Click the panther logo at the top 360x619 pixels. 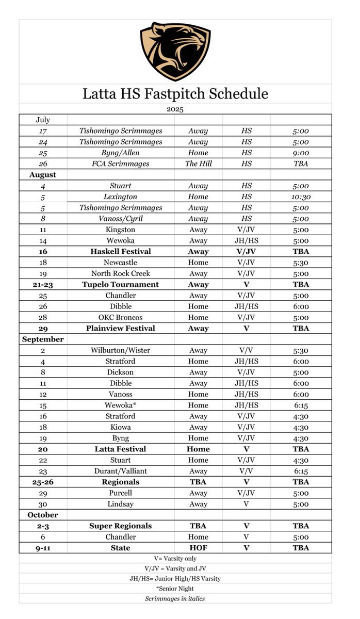pyautogui.click(x=175, y=51)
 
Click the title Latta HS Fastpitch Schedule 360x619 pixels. pyautogui.click(x=175, y=94)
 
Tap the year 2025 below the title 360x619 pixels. pyautogui.click(x=175, y=109)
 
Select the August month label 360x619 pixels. pyautogui.click(x=43, y=175)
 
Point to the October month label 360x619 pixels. pyautogui.click(x=43, y=515)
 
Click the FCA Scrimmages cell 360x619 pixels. pyautogui.click(x=121, y=164)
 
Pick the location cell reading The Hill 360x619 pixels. pyautogui.click(x=198, y=164)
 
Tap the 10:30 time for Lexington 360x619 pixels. pyautogui.click(x=300, y=197)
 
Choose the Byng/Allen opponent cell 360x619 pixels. pyautogui.click(x=121, y=153)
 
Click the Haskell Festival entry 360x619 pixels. pyautogui.click(x=121, y=252)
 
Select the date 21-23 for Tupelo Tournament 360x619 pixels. pyautogui.click(x=43, y=285)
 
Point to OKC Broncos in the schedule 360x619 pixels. pyautogui.click(x=121, y=318)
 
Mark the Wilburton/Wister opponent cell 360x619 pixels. pyautogui.click(x=121, y=350)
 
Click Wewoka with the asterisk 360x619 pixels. pyautogui.click(x=121, y=405)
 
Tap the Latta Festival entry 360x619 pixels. pyautogui.click(x=121, y=449)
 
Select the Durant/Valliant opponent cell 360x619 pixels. pyautogui.click(x=121, y=471)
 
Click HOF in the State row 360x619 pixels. pyautogui.click(x=198, y=548)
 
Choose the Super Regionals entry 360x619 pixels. pyautogui.click(x=121, y=526)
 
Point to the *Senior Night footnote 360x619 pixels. pyautogui.click(x=175, y=589)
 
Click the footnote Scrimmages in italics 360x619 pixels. pyautogui.click(x=175, y=599)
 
